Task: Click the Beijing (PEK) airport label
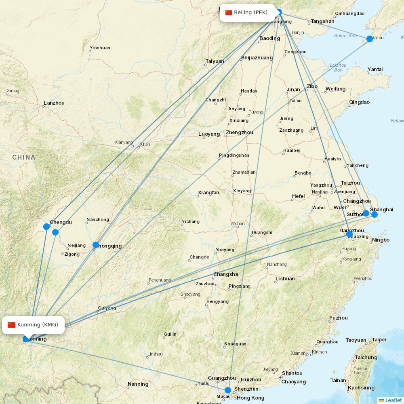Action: click(250, 13)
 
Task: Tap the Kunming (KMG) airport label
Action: click(38, 325)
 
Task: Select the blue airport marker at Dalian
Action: click(370, 39)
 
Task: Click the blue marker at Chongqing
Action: click(96, 245)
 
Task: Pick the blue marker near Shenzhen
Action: click(228, 390)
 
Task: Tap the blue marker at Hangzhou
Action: click(349, 234)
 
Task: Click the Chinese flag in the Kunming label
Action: click(11, 325)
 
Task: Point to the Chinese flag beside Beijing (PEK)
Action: click(229, 13)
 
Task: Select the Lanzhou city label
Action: click(54, 103)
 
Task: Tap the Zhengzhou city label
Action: click(240, 133)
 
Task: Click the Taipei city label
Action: click(379, 340)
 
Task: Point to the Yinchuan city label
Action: click(100, 48)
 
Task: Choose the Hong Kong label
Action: click(250, 398)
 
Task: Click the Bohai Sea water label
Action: click(345, 36)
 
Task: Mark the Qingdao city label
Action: click(359, 102)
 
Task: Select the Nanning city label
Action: click(138, 384)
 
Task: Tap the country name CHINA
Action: click(24, 157)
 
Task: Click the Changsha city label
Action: click(226, 274)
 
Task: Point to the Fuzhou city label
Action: click(339, 318)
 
